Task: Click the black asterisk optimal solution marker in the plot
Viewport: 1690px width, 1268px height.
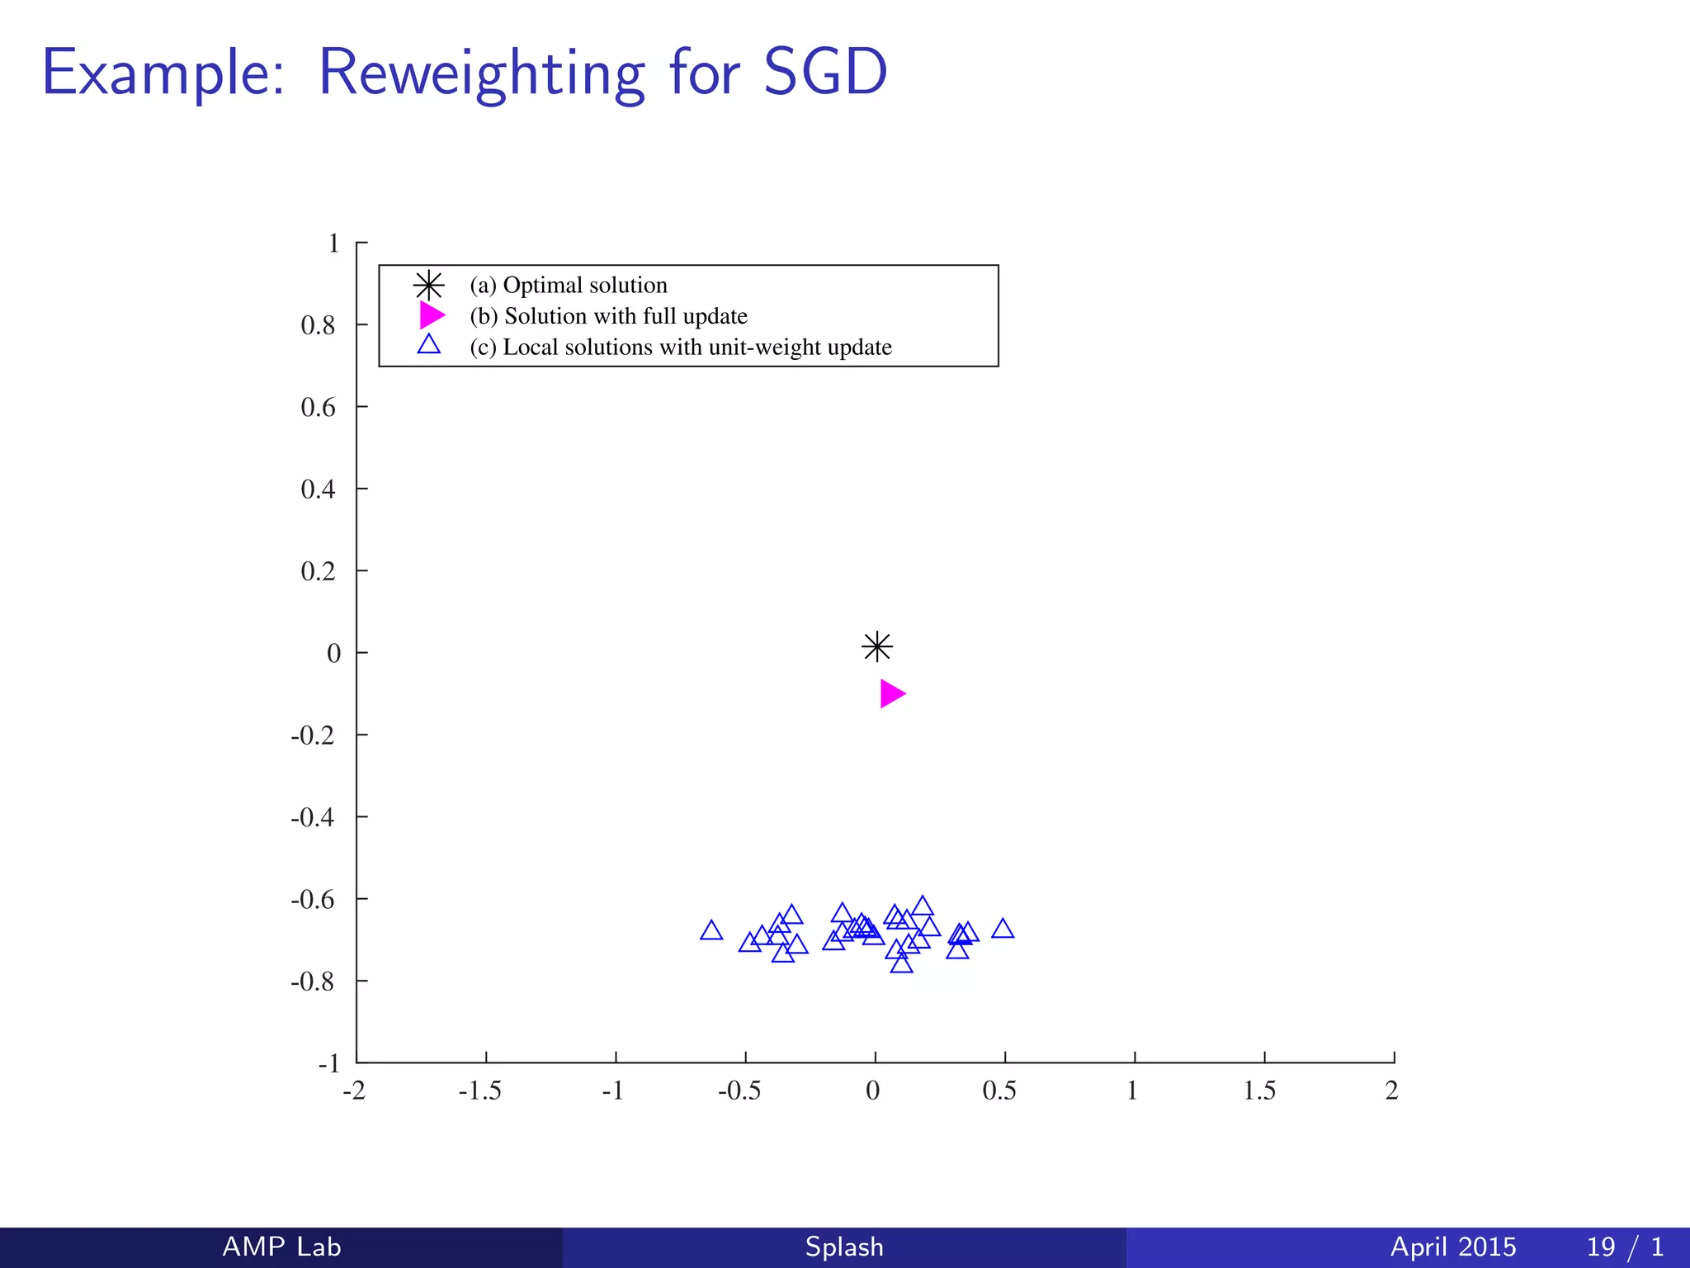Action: click(x=877, y=646)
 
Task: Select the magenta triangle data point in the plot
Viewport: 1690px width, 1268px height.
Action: click(x=891, y=693)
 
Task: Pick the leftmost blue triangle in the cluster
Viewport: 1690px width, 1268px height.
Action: click(x=711, y=931)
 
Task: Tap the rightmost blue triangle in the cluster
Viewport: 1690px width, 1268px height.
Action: click(x=1003, y=930)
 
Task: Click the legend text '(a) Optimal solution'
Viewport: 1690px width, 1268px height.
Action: click(x=569, y=286)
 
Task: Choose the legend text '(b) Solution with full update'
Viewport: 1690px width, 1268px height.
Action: click(x=608, y=316)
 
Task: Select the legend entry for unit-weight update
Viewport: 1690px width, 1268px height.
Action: click(x=681, y=348)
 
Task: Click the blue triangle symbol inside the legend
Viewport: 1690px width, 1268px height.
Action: click(x=429, y=345)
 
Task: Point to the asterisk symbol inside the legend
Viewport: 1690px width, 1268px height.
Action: click(x=429, y=286)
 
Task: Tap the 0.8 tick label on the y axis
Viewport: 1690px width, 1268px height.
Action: click(x=319, y=325)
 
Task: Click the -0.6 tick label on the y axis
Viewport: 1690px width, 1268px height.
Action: click(x=313, y=899)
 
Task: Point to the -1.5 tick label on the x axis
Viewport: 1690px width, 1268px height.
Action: click(x=480, y=1091)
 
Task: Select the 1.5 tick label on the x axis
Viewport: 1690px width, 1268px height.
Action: click(x=1260, y=1091)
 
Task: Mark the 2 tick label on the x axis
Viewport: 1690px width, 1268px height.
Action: click(x=1392, y=1091)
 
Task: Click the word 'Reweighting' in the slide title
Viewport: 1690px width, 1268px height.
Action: click(x=481, y=74)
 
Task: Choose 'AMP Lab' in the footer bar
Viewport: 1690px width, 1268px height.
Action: click(x=281, y=1247)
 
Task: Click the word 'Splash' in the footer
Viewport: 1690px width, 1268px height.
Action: click(x=844, y=1247)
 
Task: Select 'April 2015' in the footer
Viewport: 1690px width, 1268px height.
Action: click(x=1453, y=1247)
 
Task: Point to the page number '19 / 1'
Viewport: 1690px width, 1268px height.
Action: click(x=1625, y=1247)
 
